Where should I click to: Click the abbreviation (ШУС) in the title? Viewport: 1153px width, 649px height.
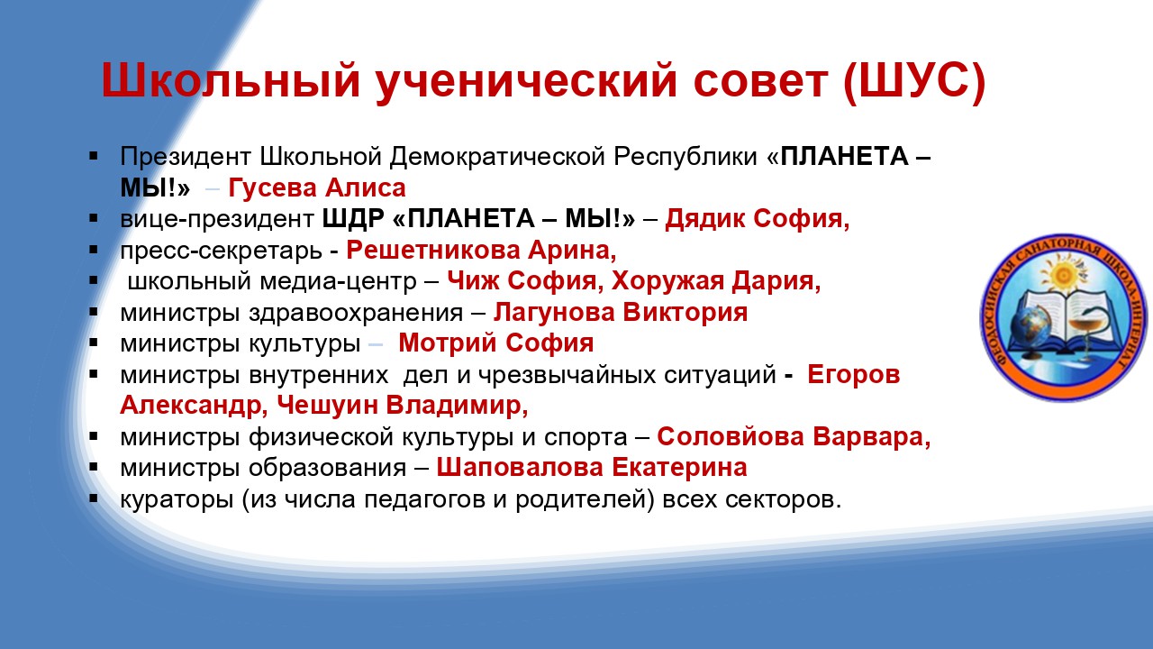pos(914,81)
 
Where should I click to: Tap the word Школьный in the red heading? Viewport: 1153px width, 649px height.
pos(231,80)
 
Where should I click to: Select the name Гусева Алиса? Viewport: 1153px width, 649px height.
pos(317,187)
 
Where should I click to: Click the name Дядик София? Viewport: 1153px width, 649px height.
pos(758,219)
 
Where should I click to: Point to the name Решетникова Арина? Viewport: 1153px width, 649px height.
pos(481,251)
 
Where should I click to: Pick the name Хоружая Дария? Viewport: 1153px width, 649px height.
pos(716,281)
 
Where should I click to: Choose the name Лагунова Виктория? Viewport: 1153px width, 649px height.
pos(621,313)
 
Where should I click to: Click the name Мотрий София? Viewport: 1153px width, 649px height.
pos(495,343)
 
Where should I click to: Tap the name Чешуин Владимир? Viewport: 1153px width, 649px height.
pos(403,406)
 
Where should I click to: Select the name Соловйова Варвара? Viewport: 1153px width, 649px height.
pos(794,437)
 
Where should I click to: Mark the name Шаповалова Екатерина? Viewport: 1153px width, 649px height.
pos(592,468)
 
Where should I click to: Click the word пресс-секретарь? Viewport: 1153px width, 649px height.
pos(222,251)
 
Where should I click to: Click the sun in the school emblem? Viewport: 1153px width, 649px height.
pos(1064,272)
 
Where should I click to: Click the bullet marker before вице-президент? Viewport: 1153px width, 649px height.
pos(93,219)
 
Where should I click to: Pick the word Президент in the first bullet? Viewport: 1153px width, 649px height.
pos(186,157)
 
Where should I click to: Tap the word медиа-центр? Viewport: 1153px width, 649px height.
pos(338,282)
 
